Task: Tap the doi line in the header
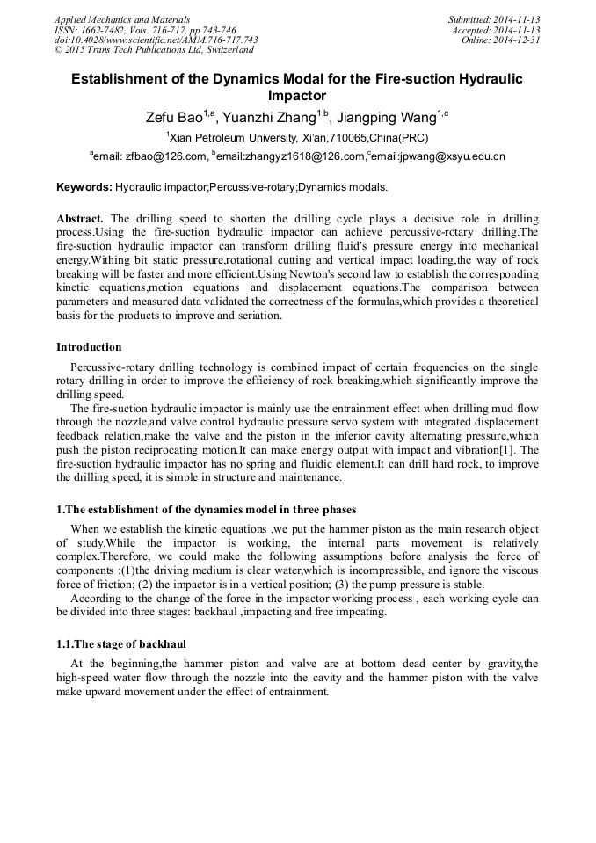156,40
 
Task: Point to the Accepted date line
495,29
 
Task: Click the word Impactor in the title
296,96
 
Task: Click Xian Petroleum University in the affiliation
233,138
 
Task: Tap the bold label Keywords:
84,187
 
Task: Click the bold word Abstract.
79,218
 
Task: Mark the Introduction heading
89,347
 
